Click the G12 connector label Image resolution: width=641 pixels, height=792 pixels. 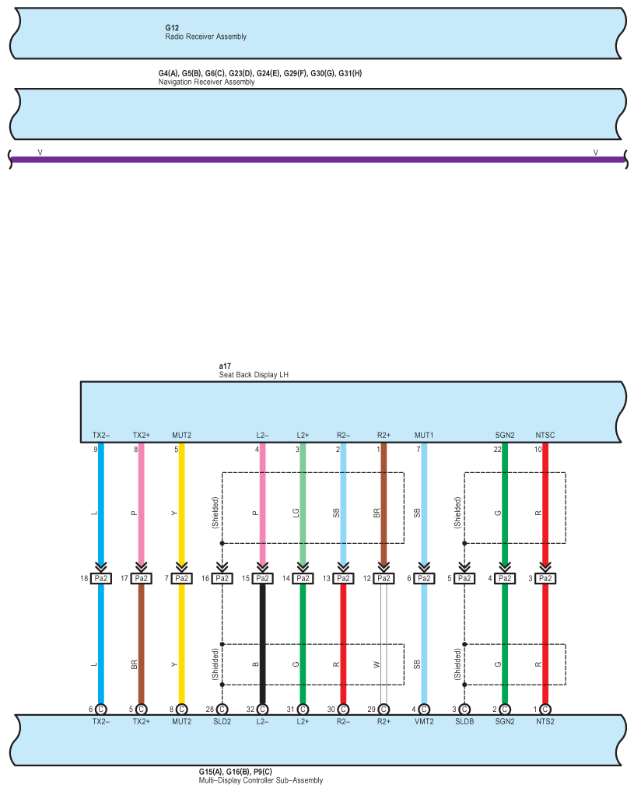pos(172,28)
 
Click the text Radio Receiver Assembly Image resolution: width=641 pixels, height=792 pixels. pos(205,37)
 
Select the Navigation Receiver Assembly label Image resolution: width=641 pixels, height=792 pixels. pos(207,82)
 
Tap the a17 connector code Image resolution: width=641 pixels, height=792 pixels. pos(225,366)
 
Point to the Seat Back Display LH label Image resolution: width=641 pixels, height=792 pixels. pos(254,375)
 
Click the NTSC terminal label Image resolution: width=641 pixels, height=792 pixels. pos(545,436)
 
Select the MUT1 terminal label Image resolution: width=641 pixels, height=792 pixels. pos(424,436)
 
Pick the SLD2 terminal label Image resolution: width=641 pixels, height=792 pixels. pos(222,722)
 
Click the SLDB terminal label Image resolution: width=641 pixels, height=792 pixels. pos(464,722)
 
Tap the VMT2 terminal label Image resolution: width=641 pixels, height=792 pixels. pos(424,722)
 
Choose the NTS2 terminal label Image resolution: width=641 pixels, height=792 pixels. pos(545,722)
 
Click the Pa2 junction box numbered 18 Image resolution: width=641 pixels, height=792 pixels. pos(101,578)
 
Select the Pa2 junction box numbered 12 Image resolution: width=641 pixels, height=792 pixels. pos(384,578)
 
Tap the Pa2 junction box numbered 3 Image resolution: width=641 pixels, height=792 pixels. pos(545,578)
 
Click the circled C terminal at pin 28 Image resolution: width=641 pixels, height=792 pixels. pos(222,710)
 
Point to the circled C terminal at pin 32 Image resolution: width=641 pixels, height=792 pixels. pos(262,710)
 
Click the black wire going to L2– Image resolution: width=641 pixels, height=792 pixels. pos(262,644)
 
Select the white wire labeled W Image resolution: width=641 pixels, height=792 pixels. pos(384,644)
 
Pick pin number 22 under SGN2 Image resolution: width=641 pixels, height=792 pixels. pos(498,450)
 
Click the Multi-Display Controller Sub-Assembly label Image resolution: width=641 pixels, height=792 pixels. pos(261,780)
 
